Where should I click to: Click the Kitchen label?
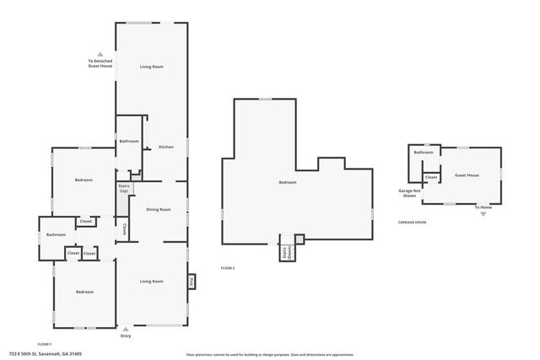[166, 148]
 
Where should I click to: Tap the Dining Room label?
[159, 209]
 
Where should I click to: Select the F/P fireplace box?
[192, 282]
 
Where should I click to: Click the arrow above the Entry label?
[126, 329]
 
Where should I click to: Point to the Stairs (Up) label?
[123, 189]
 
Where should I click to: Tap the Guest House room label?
[467, 175]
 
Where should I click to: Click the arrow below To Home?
[483, 214]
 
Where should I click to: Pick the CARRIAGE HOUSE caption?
[413, 223]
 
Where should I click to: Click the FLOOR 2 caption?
[228, 267]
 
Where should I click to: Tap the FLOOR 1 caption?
[45, 344]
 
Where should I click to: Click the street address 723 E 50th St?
[46, 354]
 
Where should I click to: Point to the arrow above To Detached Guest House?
[100, 54]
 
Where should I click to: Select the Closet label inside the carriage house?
[430, 177]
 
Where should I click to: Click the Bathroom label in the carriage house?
[423, 153]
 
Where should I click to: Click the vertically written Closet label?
[126, 228]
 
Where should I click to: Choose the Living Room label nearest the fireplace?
[151, 281]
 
